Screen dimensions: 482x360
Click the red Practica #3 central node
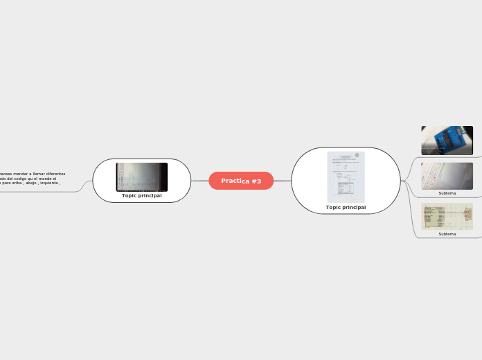point(241,181)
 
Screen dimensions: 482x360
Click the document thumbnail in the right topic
point(346,177)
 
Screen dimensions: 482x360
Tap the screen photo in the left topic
point(141,177)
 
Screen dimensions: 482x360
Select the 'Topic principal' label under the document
point(346,208)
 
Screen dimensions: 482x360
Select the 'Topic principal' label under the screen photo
point(141,196)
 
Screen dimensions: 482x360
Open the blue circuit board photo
point(447,140)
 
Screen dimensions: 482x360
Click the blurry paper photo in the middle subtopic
point(447,176)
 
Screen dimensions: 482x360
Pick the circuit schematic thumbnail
point(447,216)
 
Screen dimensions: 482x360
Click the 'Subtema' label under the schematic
point(447,234)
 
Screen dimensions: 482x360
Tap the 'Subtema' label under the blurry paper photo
point(447,193)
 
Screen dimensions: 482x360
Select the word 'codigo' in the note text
point(26,178)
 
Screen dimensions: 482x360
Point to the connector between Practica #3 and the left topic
point(199,181)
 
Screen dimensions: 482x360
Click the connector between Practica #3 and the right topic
point(283,181)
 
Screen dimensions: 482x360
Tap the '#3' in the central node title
point(256,181)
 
